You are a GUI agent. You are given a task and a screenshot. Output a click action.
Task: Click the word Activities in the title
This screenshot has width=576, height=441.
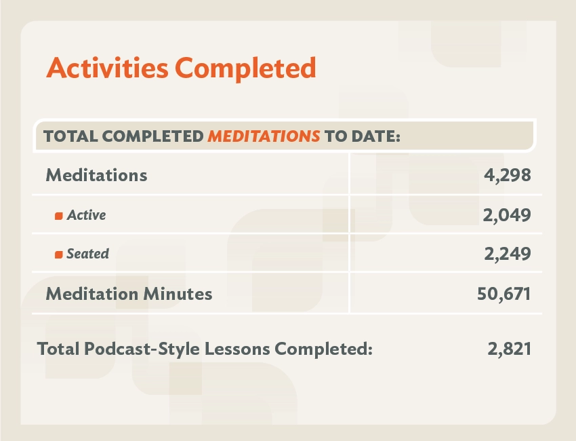[107, 67]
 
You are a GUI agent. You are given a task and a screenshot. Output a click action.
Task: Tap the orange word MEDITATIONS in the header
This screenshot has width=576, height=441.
[264, 136]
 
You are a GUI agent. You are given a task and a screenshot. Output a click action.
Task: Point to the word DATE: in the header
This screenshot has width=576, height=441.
[375, 136]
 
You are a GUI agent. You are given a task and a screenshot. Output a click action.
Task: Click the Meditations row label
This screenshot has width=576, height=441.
[96, 175]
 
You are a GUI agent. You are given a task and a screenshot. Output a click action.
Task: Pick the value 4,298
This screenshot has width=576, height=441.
[508, 175]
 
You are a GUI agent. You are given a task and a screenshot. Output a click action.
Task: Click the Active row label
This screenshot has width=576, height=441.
[86, 215]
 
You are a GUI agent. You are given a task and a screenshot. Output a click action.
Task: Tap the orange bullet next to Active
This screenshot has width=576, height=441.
[59, 216]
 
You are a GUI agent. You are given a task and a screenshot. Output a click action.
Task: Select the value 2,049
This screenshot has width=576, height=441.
[507, 215]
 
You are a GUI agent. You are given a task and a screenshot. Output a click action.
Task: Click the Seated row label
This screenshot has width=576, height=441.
[88, 254]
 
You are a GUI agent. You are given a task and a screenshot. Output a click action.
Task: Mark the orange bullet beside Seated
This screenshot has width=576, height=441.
[59, 254]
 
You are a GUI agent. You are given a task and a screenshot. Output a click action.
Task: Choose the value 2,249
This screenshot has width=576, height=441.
[508, 254]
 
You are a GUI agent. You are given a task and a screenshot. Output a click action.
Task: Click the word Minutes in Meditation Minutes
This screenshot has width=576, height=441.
[178, 294]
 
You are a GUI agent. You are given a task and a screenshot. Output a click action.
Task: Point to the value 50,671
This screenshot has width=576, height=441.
[504, 294]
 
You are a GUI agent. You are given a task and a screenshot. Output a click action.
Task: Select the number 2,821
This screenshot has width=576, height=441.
[510, 349]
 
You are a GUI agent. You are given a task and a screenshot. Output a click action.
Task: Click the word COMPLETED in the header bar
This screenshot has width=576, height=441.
[153, 136]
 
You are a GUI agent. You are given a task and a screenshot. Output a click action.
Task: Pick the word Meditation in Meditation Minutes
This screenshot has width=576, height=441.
[92, 294]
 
